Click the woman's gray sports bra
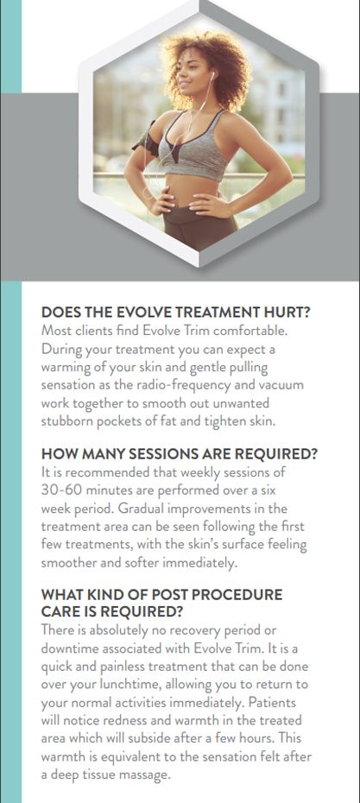point(188,145)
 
